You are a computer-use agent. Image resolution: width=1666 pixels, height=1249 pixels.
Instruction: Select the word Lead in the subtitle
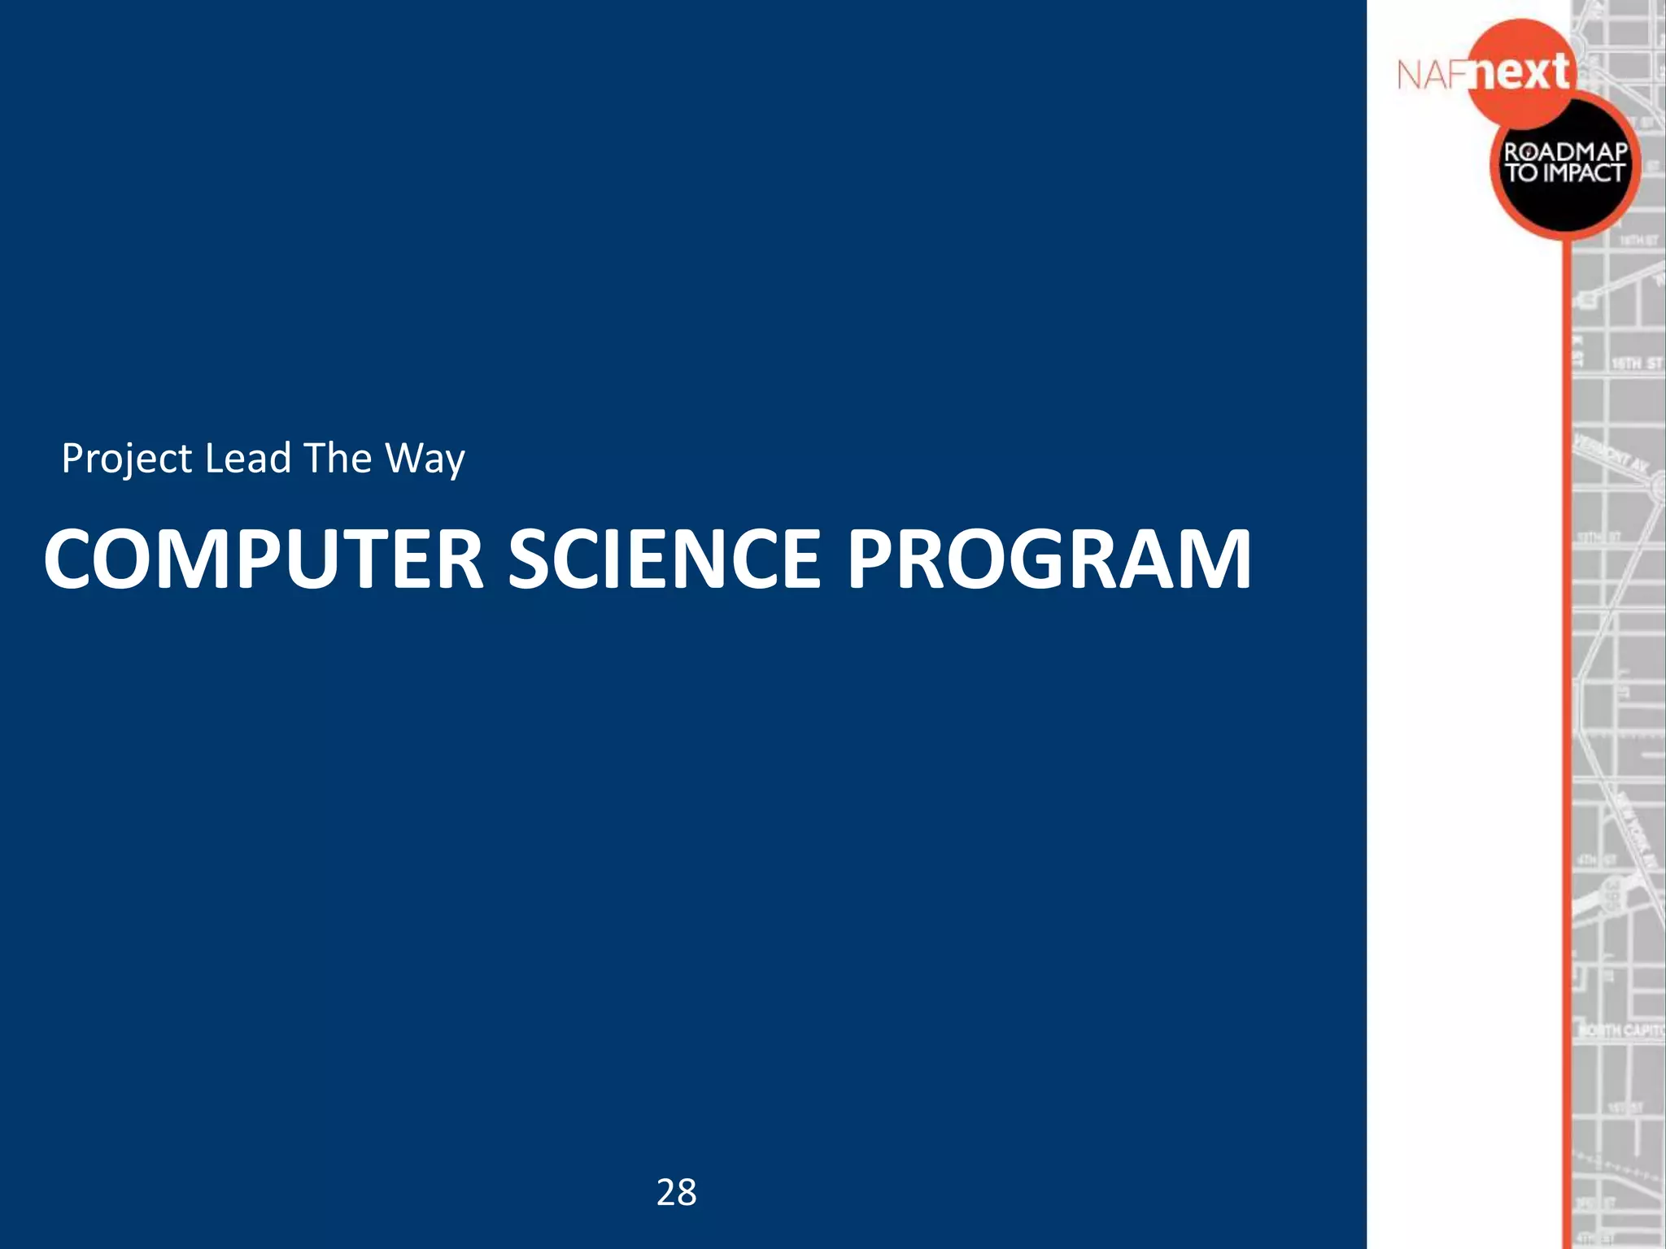point(247,458)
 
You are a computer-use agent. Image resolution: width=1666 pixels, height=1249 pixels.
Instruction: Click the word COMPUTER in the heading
point(264,559)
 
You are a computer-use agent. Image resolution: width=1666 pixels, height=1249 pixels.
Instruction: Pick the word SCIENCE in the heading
point(665,559)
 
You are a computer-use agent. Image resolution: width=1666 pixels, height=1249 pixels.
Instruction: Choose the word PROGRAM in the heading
point(1049,559)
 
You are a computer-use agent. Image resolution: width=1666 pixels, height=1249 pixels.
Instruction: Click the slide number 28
point(676,1192)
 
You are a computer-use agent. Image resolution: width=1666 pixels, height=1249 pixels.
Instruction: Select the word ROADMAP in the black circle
point(1565,152)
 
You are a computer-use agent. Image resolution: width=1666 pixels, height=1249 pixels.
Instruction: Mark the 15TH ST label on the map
point(1636,363)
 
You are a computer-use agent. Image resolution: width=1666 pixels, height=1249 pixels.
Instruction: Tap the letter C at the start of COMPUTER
point(72,559)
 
